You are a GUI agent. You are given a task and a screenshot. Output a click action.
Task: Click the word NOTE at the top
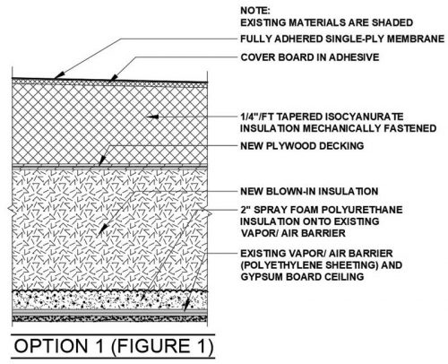coord(255,11)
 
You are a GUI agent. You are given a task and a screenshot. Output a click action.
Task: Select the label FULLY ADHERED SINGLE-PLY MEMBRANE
coord(342,39)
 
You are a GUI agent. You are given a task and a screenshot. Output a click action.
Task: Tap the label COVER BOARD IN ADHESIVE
coord(310,57)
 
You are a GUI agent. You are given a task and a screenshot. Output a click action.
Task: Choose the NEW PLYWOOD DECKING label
coord(302,146)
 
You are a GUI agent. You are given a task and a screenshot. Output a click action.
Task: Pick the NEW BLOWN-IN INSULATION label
coord(309,191)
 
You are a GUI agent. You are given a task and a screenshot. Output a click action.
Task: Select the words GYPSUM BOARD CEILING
coord(302,277)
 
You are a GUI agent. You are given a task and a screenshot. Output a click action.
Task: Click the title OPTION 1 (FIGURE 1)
coord(114,346)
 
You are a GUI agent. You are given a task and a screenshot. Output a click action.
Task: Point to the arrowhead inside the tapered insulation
coord(152,117)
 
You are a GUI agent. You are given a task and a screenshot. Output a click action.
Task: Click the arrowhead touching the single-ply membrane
coord(59,75)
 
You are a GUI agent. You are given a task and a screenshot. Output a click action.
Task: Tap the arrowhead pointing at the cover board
coord(113,78)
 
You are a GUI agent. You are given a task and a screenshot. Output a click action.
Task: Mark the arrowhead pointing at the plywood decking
coord(102,160)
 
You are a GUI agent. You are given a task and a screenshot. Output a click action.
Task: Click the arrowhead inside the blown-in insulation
coord(103,229)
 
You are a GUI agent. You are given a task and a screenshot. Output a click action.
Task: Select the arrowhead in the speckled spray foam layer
coord(143,297)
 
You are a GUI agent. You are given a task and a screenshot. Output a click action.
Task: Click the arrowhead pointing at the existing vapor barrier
coord(186,305)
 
